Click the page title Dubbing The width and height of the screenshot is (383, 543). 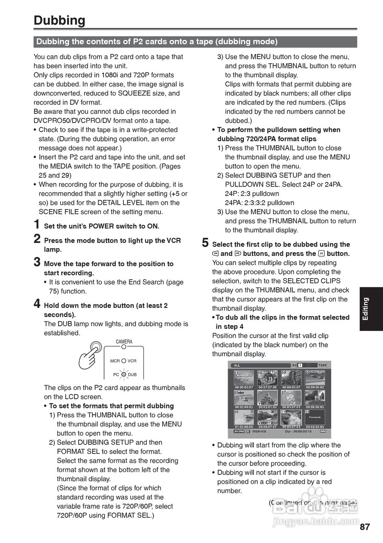click(59, 20)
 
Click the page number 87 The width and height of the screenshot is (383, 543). click(364, 527)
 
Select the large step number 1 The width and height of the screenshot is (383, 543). click(37, 225)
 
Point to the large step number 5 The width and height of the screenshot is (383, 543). click(206, 243)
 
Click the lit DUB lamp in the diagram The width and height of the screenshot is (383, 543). click(124, 374)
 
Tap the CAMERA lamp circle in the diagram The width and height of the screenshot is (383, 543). click(124, 347)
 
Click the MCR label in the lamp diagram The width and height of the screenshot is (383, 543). click(115, 361)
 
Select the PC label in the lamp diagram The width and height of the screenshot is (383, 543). click(116, 375)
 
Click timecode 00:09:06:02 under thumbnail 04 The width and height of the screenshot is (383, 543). click(315, 387)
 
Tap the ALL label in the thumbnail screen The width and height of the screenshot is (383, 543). click(237, 365)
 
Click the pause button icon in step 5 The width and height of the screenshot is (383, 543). click(321, 254)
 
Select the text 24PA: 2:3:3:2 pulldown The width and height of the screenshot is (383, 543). click(259, 203)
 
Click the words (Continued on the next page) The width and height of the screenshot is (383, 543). click(313, 503)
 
